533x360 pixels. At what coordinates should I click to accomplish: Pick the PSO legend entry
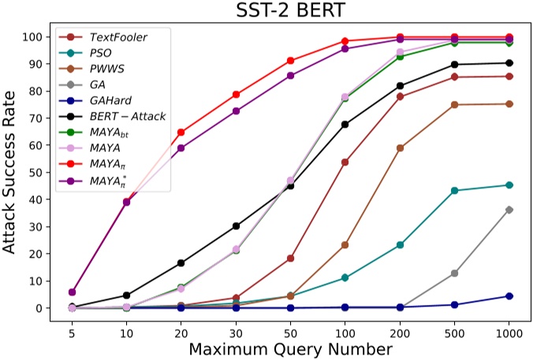coord(99,53)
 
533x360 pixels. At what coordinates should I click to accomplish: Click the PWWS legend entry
coord(103,69)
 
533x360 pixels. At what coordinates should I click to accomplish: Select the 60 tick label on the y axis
coord(35,145)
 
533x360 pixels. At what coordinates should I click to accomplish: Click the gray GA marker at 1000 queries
coord(509,210)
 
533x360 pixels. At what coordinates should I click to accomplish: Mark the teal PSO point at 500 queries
coord(454,191)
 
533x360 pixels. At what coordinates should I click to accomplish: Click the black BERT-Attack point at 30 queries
coord(236,226)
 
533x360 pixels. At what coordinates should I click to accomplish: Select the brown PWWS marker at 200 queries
coord(400,148)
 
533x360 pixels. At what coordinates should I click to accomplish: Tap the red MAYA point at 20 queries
coord(181,132)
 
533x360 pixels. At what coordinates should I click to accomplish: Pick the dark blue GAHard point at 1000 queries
coord(509,296)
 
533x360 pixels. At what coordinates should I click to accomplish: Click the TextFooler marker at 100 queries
coord(345,162)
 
